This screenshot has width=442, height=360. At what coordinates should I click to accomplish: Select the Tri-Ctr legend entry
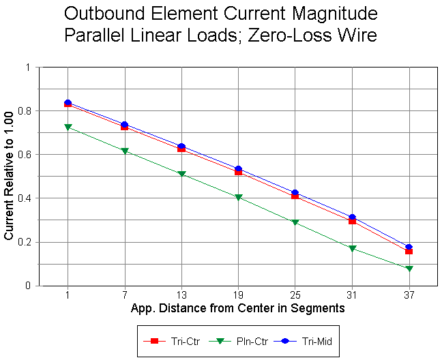pyautogui.click(x=171, y=340)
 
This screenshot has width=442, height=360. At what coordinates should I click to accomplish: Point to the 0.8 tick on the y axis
pyautogui.click(x=29, y=110)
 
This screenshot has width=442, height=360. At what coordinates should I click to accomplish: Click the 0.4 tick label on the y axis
pyautogui.click(x=29, y=198)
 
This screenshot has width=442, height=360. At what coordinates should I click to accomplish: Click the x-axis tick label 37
pyautogui.click(x=409, y=295)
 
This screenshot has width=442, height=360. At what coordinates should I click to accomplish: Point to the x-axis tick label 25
pyautogui.click(x=295, y=295)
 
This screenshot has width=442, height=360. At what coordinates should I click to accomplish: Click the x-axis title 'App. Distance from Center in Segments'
pyautogui.click(x=237, y=308)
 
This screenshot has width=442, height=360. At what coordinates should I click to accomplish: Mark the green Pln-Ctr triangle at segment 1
pyautogui.click(x=68, y=127)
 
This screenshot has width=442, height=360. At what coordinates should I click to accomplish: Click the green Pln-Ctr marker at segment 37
pyautogui.click(x=409, y=269)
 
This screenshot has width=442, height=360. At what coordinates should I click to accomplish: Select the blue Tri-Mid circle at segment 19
pyautogui.click(x=238, y=168)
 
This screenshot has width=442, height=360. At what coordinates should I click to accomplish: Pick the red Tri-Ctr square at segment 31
pyautogui.click(x=352, y=221)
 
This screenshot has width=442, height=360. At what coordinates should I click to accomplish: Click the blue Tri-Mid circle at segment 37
pyautogui.click(x=409, y=247)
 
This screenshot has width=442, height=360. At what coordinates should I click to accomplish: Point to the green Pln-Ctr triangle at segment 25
pyautogui.click(x=295, y=222)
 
